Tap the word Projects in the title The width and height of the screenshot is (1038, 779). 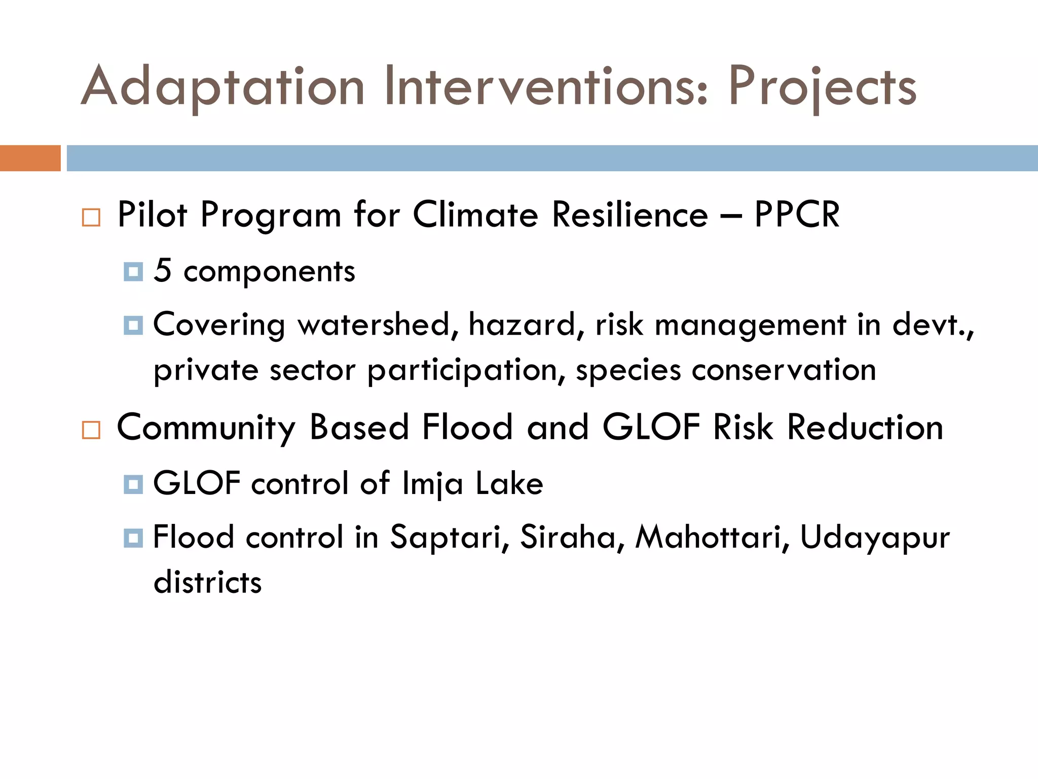coord(822,87)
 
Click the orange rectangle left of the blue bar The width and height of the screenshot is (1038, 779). coord(30,158)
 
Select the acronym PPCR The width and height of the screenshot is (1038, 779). coord(797,215)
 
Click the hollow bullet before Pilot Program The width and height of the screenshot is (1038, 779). coord(91,218)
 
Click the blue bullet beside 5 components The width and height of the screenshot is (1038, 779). coord(133,272)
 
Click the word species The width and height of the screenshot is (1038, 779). coord(628,370)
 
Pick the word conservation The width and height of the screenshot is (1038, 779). coord(784,369)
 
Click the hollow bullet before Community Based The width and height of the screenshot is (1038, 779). coord(91,430)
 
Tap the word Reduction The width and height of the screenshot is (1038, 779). coord(865,428)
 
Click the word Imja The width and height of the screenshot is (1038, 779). coord(432,484)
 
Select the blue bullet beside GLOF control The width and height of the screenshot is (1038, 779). coord(133,484)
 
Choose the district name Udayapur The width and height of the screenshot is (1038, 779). coord(875,538)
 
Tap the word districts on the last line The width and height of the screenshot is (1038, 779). coord(207,582)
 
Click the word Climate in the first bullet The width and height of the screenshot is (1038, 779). coord(475,215)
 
